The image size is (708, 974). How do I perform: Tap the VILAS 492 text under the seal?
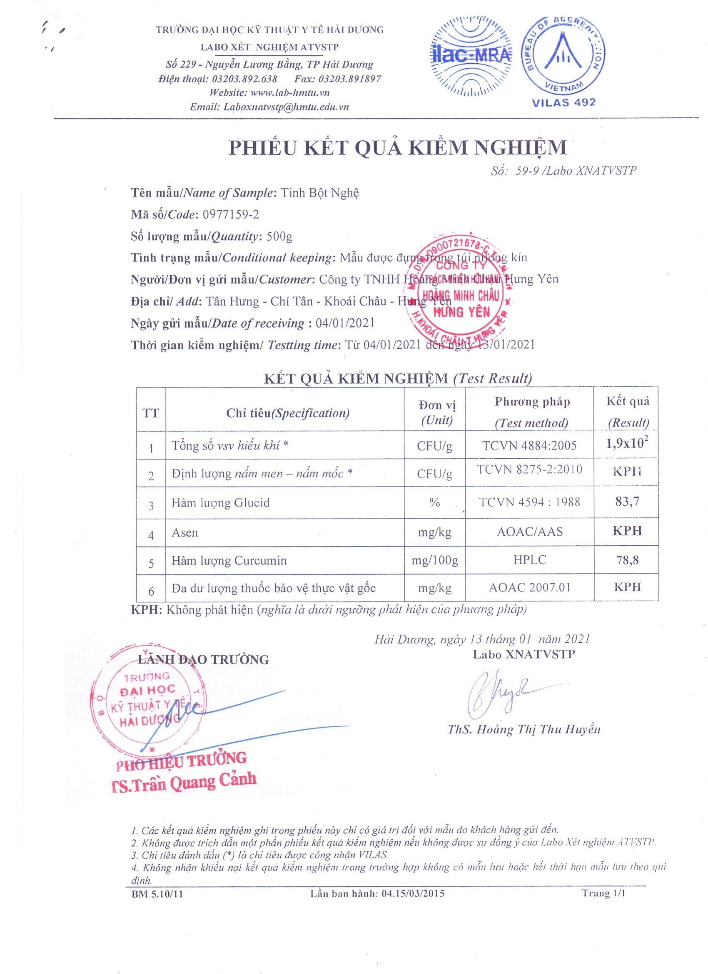(563, 102)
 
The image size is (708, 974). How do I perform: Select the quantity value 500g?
(280, 236)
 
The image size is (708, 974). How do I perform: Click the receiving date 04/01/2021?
(344, 323)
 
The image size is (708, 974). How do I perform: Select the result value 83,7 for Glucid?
(627, 501)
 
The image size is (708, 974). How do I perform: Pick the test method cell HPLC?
(529, 559)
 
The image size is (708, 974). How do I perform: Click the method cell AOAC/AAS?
(529, 532)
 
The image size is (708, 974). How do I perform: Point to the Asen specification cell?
(185, 533)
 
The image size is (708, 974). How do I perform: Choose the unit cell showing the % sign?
(434, 502)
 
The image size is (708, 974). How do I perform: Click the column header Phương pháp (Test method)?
(531, 412)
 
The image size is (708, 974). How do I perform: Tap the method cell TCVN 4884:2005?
(529, 445)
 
